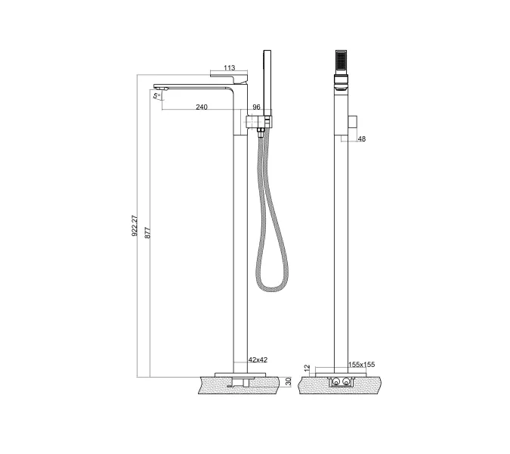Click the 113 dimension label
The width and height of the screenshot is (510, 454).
229,68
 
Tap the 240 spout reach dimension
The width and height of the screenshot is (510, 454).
202,107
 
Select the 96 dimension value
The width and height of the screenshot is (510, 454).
256,107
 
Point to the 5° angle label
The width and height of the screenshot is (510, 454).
157,96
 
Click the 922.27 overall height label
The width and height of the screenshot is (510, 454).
134,225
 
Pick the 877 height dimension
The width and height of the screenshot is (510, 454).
147,232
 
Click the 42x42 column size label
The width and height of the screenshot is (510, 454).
258,359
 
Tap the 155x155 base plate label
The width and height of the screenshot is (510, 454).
362,365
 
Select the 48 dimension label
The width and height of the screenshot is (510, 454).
362,138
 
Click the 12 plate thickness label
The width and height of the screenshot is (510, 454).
307,368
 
